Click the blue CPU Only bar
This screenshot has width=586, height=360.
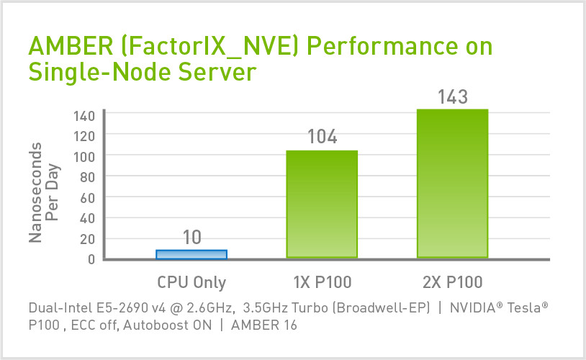click(191, 254)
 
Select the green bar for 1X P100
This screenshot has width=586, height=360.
click(322, 204)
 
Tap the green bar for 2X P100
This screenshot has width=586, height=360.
click(453, 184)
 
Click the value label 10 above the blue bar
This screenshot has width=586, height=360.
click(191, 237)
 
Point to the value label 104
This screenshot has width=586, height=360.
click(322, 136)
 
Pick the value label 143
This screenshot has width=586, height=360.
click(453, 96)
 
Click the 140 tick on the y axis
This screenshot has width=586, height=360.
click(86, 114)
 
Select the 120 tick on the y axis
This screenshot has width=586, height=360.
click(86, 135)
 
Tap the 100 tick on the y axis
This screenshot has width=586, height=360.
click(86, 156)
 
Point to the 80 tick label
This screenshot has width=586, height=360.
click(89, 176)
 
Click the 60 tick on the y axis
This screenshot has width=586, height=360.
click(89, 197)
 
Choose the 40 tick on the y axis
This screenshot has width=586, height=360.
click(89, 218)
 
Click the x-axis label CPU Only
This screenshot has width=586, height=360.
click(191, 282)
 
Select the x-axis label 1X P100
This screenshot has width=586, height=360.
click(322, 282)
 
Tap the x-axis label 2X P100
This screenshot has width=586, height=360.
click(453, 282)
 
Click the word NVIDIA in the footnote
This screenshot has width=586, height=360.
click(475, 307)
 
